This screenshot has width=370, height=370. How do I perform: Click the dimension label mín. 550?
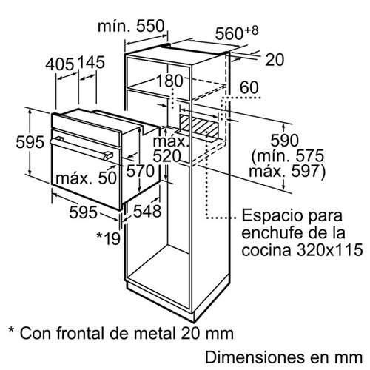point(131,26)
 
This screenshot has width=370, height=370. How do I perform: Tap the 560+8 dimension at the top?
point(237,33)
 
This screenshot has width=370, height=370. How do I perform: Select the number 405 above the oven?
point(60,64)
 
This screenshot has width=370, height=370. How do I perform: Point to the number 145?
point(91,62)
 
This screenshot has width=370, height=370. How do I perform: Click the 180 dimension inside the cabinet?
point(169,81)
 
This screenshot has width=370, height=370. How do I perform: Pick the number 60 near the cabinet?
point(249,87)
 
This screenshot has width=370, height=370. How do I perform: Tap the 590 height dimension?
point(285,141)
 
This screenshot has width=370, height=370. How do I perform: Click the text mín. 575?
point(288,155)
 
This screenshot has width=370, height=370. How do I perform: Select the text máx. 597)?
point(287,171)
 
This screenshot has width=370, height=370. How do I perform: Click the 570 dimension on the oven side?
point(141,171)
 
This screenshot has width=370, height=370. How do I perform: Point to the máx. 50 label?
point(86,178)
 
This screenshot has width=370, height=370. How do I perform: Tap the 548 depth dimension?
point(147,211)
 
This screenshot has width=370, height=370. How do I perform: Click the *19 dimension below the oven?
point(109,238)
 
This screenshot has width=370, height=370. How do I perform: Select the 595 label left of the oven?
point(30,142)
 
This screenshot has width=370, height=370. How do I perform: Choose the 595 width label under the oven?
point(83,212)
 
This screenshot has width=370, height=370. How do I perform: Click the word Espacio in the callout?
point(269,216)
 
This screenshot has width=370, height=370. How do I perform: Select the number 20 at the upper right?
point(275,60)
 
